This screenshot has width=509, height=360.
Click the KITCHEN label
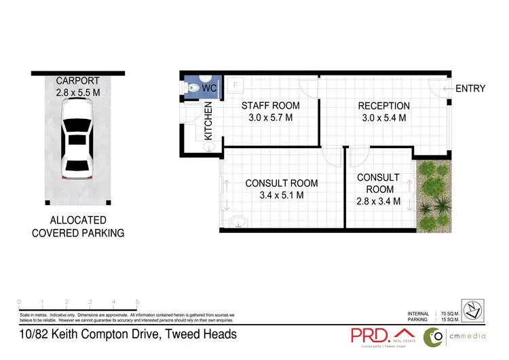(x=209, y=122)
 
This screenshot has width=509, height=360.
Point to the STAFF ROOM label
(x=271, y=106)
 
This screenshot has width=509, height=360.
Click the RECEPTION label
(x=383, y=106)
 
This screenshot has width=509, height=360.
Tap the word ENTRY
(x=470, y=88)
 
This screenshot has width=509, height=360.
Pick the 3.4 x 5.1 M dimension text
(x=281, y=196)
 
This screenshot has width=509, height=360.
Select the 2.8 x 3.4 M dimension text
(x=378, y=201)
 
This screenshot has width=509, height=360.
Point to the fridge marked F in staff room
(x=235, y=85)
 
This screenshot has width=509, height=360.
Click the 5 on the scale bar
(x=138, y=302)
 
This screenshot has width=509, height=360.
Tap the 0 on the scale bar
(x=19, y=302)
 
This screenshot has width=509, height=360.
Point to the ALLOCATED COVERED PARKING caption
(x=78, y=227)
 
